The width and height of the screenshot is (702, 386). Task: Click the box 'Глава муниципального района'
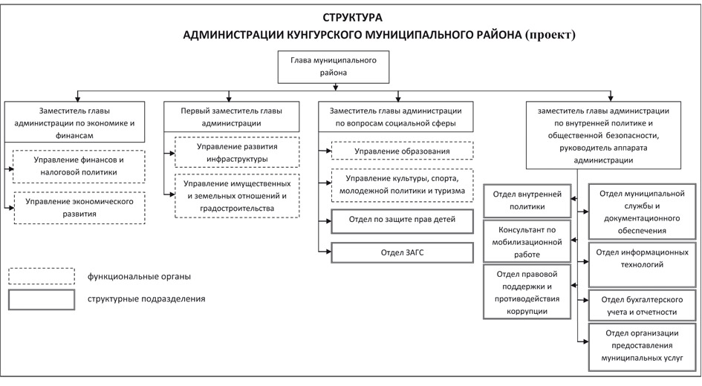click(x=333, y=67)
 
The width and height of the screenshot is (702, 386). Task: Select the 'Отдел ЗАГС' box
click(x=402, y=252)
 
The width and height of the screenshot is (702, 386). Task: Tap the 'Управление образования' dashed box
click(x=402, y=151)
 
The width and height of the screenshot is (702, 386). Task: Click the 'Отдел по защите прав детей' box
click(x=402, y=221)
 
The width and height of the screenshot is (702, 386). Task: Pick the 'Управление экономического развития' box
click(x=79, y=208)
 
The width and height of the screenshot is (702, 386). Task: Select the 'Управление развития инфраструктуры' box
click(x=237, y=152)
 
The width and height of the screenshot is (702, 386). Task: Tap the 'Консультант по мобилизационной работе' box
click(x=527, y=241)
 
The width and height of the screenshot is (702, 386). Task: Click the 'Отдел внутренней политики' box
click(x=527, y=200)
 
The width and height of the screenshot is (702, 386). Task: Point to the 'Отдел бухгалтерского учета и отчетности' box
click(x=642, y=306)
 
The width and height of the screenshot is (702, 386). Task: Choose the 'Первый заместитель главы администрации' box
click(x=231, y=117)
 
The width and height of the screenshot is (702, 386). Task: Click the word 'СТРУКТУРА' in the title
click(x=352, y=18)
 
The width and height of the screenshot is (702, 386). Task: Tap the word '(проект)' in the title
click(x=550, y=35)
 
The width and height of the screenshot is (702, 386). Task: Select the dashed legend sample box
click(x=42, y=276)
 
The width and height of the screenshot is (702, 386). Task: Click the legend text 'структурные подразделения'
click(x=146, y=299)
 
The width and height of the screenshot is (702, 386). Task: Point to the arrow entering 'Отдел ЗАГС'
click(x=325, y=252)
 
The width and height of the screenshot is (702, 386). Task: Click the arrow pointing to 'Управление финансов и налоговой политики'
click(x=9, y=169)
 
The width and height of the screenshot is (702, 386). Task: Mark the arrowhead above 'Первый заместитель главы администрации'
click(x=230, y=99)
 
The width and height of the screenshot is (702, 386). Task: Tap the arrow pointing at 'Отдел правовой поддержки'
click(x=574, y=285)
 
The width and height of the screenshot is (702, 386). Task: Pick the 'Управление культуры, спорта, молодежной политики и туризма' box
click(x=402, y=185)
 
